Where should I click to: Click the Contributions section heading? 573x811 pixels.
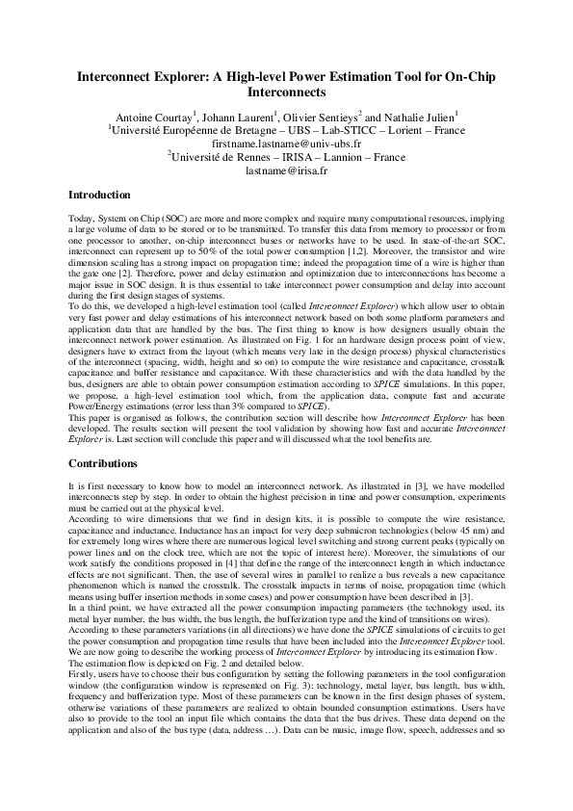103,463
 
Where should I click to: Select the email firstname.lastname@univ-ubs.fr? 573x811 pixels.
286,142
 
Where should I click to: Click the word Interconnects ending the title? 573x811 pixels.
286,93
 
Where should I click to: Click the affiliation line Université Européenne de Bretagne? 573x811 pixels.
285,128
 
